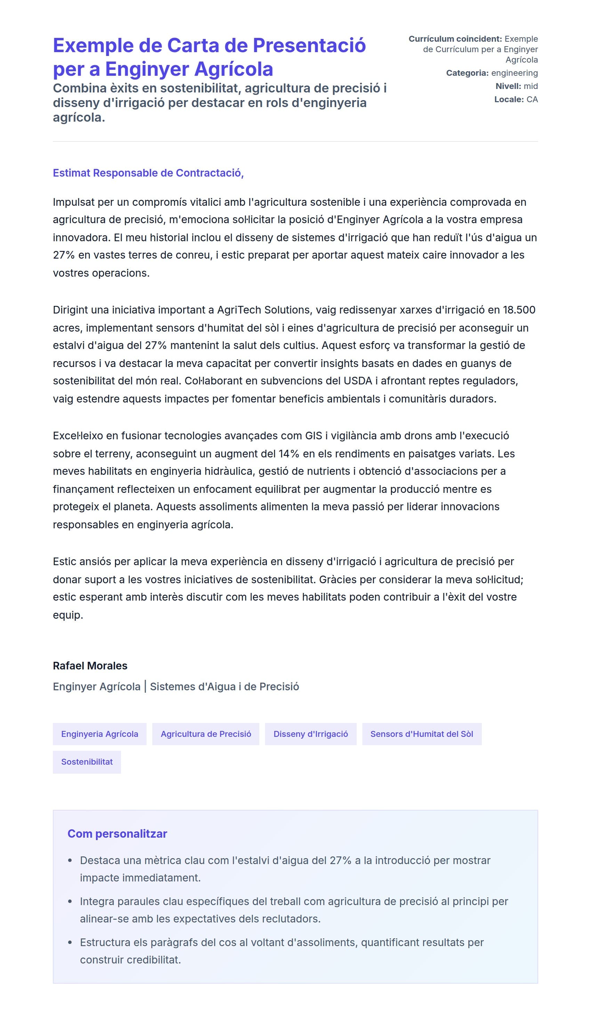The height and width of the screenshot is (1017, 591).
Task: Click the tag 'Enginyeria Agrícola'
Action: tap(99, 734)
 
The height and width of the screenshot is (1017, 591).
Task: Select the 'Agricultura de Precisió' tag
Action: tap(205, 734)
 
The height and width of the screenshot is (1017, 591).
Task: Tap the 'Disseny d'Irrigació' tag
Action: tap(310, 734)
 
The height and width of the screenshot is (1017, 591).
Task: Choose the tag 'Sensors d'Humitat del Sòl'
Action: tap(421, 734)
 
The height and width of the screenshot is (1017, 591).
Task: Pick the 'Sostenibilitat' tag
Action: tap(87, 762)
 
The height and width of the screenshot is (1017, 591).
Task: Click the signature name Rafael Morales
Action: tap(90, 666)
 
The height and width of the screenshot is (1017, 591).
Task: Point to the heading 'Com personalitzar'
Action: tap(117, 833)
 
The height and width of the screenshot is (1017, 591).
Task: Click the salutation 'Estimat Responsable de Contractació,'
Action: tap(148, 173)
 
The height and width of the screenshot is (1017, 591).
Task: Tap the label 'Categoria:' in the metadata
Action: tap(467, 73)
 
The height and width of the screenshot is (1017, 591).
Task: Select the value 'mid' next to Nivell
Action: tap(531, 86)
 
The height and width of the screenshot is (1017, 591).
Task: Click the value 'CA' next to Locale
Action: tap(532, 100)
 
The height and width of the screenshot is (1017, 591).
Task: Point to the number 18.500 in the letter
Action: tap(519, 310)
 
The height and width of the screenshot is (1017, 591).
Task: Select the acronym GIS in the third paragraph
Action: tap(313, 436)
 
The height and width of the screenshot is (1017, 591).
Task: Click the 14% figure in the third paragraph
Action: tap(289, 454)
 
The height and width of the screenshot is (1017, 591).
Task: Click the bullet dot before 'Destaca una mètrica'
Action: tap(70, 860)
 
